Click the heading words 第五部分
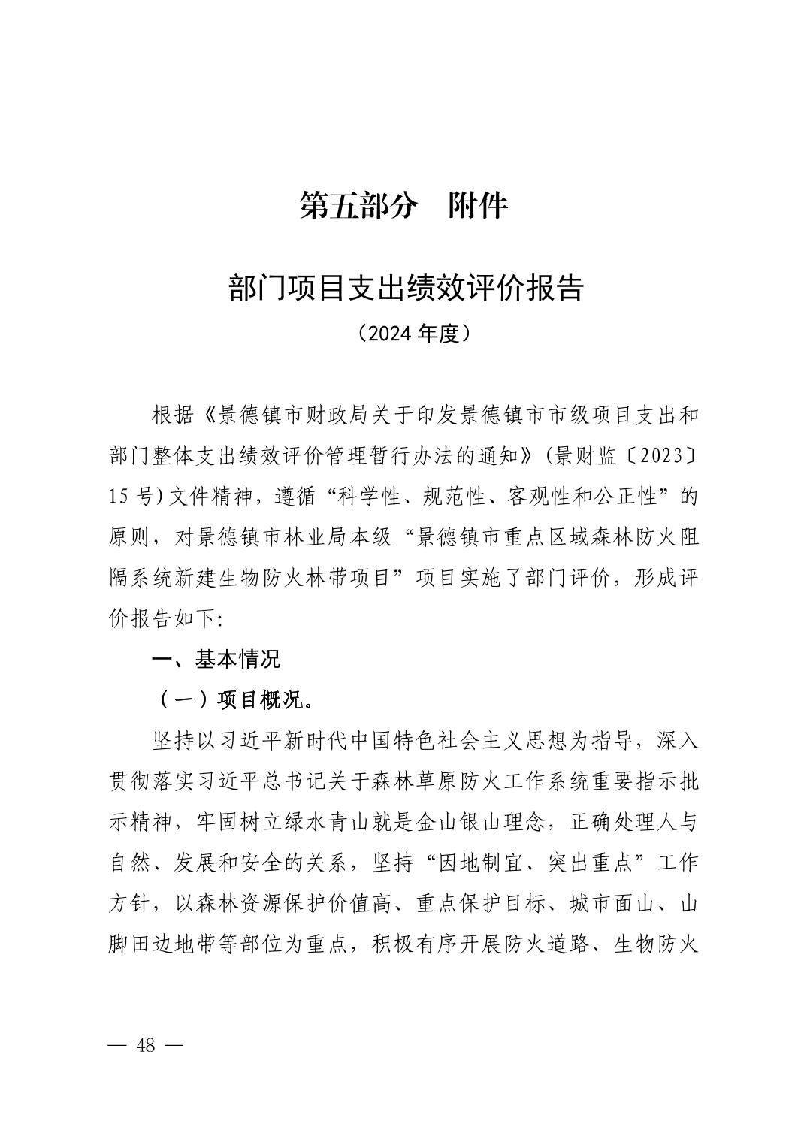(x=357, y=206)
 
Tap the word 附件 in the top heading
(x=478, y=206)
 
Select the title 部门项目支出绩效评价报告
(x=406, y=289)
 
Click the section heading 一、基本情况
(x=216, y=660)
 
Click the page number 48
(x=146, y=1045)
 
